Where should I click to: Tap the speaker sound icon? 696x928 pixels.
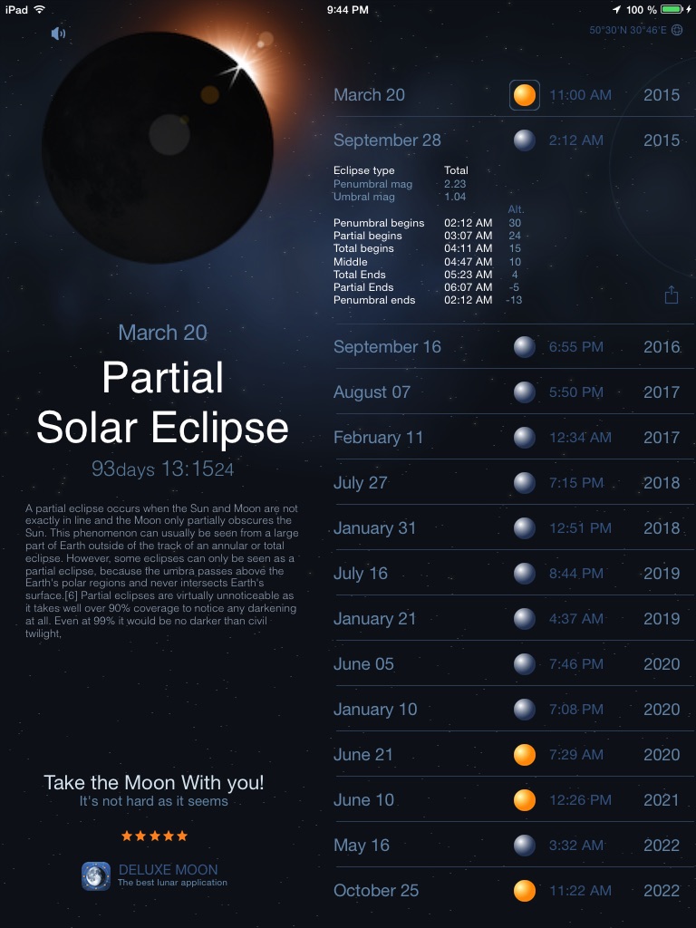[58, 34]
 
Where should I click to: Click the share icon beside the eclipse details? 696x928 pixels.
[672, 295]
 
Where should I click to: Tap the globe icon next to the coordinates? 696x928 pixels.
[677, 30]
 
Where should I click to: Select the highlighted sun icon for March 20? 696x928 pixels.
[525, 95]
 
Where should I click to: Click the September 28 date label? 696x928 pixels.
[387, 140]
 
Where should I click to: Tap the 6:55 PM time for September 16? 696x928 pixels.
[575, 347]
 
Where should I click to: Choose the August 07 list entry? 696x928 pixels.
[372, 391]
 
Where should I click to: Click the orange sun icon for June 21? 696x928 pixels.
[525, 755]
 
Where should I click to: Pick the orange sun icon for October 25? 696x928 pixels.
[525, 890]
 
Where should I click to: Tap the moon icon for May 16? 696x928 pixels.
[525, 846]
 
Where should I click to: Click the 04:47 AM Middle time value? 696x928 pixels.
[469, 262]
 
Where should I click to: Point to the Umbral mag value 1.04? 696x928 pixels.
[455, 197]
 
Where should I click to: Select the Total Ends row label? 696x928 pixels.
[359, 275]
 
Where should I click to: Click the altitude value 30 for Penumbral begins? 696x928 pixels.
[515, 223]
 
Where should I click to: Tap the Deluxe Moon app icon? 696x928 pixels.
[96, 876]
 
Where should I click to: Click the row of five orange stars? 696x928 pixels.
[154, 836]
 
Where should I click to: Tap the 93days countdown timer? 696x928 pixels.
[163, 469]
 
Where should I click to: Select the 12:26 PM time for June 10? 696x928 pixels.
[580, 800]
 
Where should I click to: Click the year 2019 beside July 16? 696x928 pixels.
[662, 574]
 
